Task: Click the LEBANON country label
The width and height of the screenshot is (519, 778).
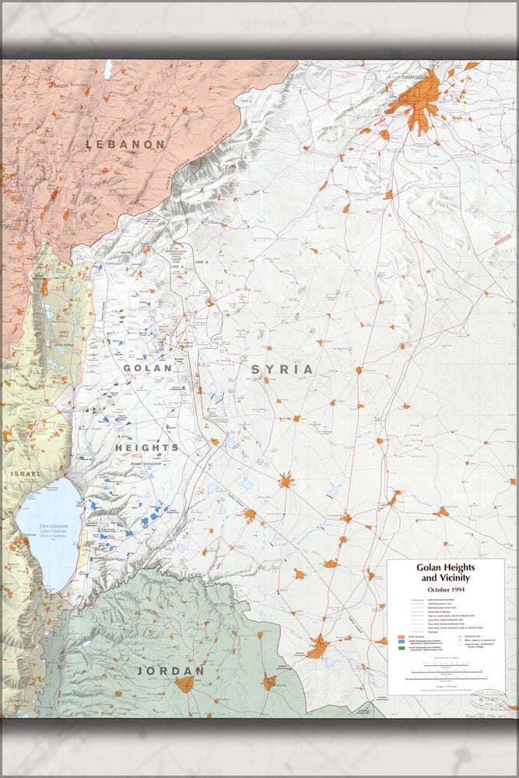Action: click(125, 144)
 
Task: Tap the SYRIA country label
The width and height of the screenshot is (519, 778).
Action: click(282, 370)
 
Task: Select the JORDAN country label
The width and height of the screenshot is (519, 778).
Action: click(170, 670)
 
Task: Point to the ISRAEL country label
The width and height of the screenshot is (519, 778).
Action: click(26, 473)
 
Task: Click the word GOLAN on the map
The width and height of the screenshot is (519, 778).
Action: click(147, 367)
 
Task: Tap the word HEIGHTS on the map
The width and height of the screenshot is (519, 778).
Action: click(147, 447)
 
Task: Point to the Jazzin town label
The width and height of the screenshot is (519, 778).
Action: click(61, 83)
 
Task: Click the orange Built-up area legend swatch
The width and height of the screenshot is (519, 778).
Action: click(399, 636)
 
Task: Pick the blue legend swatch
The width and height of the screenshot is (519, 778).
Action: click(399, 643)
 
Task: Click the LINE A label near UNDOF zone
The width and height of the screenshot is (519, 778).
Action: click(178, 266)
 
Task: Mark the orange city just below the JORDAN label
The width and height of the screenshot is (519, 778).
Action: click(184, 685)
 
